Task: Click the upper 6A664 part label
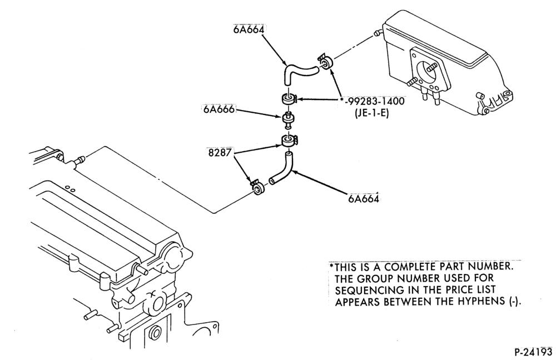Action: [249, 29]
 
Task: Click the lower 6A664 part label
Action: [363, 198]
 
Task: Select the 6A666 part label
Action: [219, 109]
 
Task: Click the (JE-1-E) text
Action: [371, 114]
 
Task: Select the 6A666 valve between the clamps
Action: [287, 120]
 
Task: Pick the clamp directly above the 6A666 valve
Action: [289, 99]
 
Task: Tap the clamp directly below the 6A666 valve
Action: [289, 141]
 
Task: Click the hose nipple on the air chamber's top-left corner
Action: [378, 34]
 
